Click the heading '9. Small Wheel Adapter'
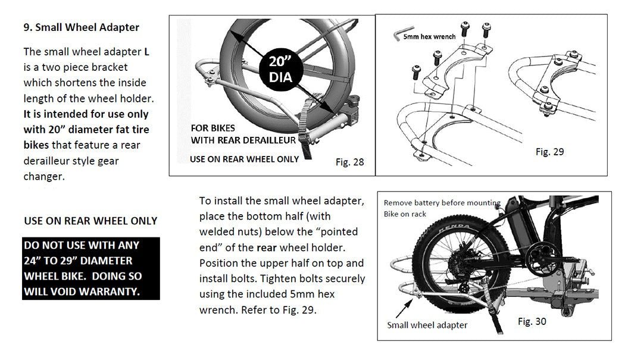pyautogui.click(x=81, y=27)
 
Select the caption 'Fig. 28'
pyautogui.click(x=349, y=162)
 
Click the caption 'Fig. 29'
pyautogui.click(x=549, y=152)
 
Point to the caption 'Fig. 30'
pyautogui.click(x=532, y=321)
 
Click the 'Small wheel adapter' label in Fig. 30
pyautogui.click(x=427, y=325)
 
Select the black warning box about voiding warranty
pyautogui.click(x=91, y=268)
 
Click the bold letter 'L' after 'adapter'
pyautogui.click(x=147, y=52)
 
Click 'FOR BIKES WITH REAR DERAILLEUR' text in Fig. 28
pyautogui.click(x=243, y=134)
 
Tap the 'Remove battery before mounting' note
pyautogui.click(x=442, y=203)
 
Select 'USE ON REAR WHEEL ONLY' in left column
pyautogui.click(x=90, y=221)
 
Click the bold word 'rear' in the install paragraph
pyautogui.click(x=267, y=247)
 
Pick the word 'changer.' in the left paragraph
pyautogui.click(x=43, y=176)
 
